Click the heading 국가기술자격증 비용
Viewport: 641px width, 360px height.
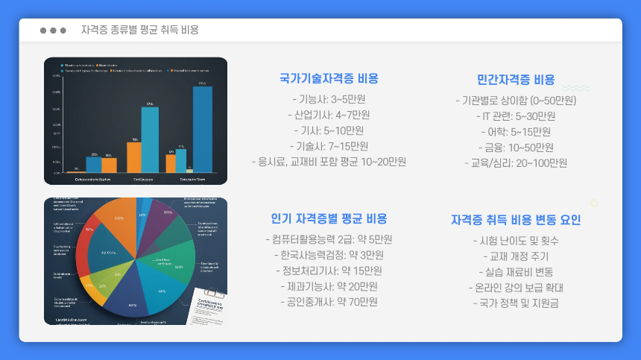tap(329, 78)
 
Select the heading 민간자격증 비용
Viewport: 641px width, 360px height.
tap(516, 80)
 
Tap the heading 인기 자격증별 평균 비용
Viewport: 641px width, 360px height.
tap(329, 218)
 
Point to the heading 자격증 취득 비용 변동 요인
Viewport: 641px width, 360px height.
tap(516, 220)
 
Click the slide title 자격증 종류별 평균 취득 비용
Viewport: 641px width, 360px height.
tap(139, 30)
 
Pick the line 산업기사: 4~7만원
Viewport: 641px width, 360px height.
tap(329, 115)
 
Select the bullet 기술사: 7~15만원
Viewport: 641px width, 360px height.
tap(329, 146)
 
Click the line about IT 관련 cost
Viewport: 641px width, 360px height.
tap(516, 116)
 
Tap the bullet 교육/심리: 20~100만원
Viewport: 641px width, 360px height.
tap(516, 163)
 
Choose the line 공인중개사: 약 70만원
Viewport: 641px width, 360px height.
tap(329, 302)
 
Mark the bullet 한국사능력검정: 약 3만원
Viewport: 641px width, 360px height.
tap(329, 255)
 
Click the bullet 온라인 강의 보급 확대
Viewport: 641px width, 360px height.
tap(516, 288)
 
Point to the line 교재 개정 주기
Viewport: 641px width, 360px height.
tap(516, 256)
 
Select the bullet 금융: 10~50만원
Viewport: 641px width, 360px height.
tap(516, 148)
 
